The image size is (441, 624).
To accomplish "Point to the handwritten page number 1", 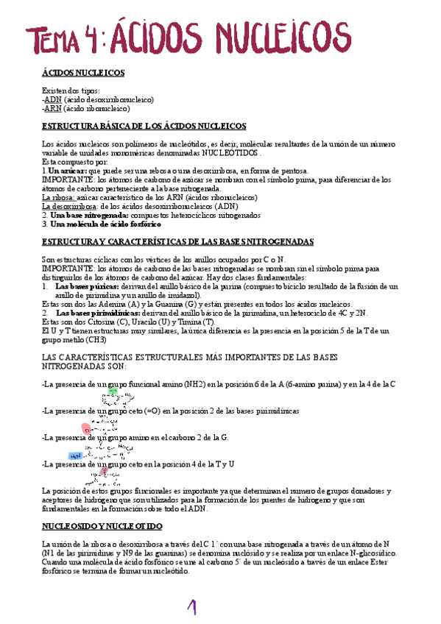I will (194, 607).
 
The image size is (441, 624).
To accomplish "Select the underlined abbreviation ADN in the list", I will (53, 99).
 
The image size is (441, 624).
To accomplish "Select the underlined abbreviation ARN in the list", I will (53, 107).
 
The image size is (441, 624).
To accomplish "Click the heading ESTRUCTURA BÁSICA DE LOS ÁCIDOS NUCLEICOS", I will (144, 127).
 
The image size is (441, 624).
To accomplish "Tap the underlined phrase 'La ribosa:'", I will (56, 198).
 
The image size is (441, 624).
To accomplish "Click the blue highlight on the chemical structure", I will (74, 456).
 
